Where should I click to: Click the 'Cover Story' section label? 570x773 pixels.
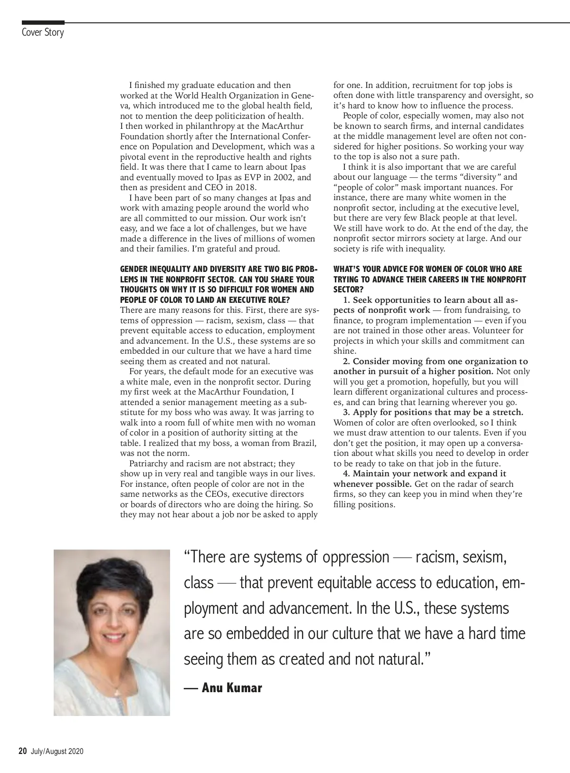tap(43, 33)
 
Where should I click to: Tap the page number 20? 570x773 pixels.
tap(22, 751)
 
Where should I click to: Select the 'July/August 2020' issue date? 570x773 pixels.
tap(57, 752)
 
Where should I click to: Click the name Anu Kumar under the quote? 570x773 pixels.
tap(232, 688)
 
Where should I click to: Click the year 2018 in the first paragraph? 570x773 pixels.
tap(246, 187)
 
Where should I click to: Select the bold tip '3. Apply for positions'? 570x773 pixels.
tap(433, 412)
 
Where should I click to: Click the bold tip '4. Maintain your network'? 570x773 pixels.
tap(425, 473)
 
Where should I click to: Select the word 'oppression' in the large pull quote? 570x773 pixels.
tap(356, 557)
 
